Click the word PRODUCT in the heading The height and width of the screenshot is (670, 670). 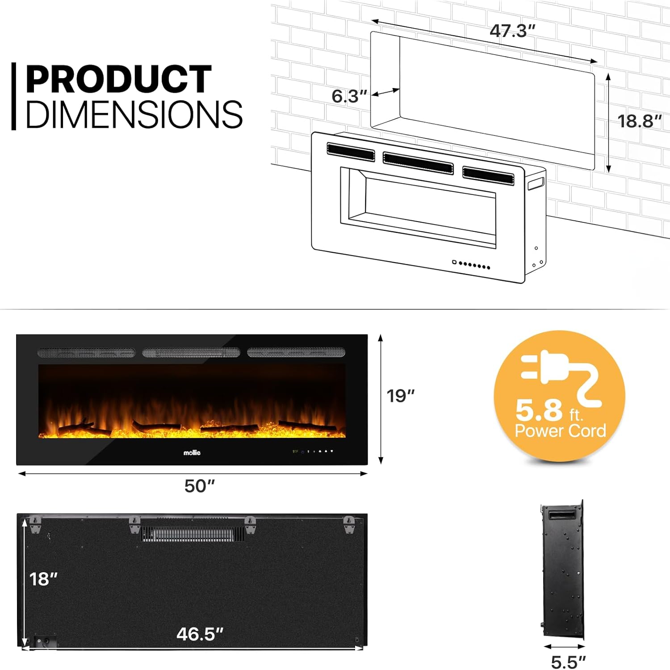pyautogui.click(x=118, y=80)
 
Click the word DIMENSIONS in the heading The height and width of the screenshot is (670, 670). pyautogui.click(x=134, y=114)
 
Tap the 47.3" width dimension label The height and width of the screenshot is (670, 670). pyautogui.click(x=512, y=31)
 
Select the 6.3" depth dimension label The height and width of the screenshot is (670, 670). pyautogui.click(x=349, y=96)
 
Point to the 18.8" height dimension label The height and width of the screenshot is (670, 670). pyautogui.click(x=639, y=121)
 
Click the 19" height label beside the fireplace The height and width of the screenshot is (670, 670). pyautogui.click(x=400, y=396)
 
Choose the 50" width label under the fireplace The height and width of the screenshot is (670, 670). pyautogui.click(x=200, y=486)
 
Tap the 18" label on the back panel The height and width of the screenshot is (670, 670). pyautogui.click(x=43, y=579)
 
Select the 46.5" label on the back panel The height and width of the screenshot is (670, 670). pyautogui.click(x=200, y=634)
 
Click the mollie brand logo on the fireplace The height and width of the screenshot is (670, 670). pyautogui.click(x=192, y=453)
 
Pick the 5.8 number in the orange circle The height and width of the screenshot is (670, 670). pyautogui.click(x=539, y=410)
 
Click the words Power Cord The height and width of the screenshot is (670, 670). pyautogui.click(x=560, y=431)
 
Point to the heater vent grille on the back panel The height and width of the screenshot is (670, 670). pyautogui.click(x=193, y=534)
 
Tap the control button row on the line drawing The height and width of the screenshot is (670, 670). pyautogui.click(x=471, y=265)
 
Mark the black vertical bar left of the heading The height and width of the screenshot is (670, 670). pyautogui.click(x=14, y=96)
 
